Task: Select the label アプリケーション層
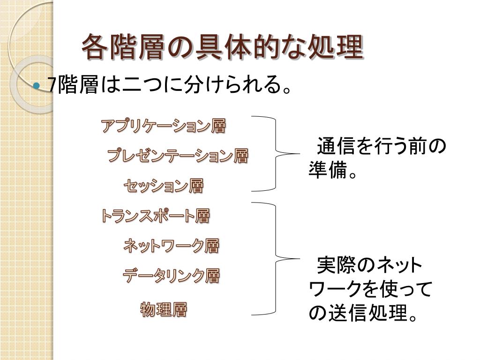coord(163,126)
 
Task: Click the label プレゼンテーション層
coord(178,156)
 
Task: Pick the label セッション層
coord(164,186)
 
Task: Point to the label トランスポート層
coord(155,216)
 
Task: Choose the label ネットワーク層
coord(171,245)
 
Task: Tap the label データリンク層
coord(171,276)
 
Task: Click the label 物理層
coord(164,310)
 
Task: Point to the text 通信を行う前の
coord(381,147)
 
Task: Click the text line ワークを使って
coord(369,290)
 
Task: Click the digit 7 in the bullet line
coord(52,86)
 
